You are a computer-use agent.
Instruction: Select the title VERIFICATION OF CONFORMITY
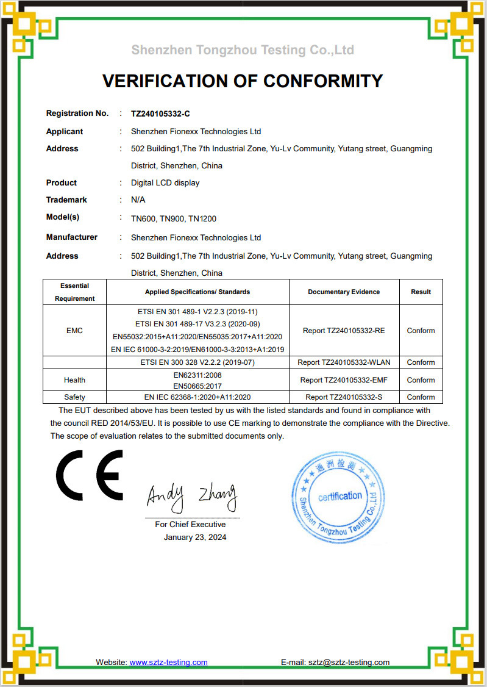point(243,81)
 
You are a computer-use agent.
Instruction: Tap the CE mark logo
point(90,475)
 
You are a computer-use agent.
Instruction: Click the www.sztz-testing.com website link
point(168,662)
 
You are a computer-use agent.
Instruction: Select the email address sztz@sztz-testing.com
point(349,662)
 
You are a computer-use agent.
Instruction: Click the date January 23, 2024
point(195,537)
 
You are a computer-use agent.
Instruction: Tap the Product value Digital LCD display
point(165,182)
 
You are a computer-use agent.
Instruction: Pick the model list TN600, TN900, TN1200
point(174,218)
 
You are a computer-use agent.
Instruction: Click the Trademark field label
point(66,200)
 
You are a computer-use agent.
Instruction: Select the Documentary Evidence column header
point(344,292)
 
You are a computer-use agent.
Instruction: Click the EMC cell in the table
point(74,331)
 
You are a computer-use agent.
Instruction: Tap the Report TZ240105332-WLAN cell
point(344,362)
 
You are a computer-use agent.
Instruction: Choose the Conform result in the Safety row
point(421,397)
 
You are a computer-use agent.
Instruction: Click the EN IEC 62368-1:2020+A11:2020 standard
point(197,397)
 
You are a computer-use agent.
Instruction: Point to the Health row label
point(74,380)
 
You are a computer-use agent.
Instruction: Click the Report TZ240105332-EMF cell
point(344,380)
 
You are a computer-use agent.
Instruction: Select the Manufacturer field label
point(72,237)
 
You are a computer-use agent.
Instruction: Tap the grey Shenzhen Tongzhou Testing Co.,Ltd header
point(243,49)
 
